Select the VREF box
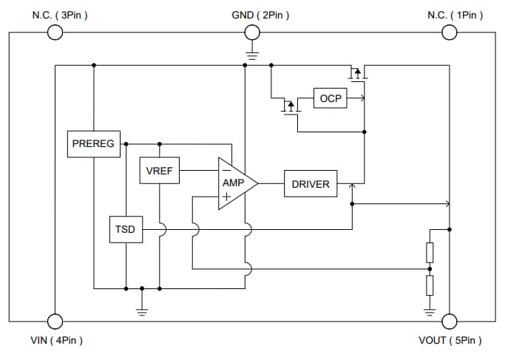coord(159,171)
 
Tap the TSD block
coord(125,229)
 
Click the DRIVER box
coord(311,184)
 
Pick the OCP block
coord(331,98)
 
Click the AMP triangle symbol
coord(236,183)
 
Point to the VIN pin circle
coord(54,322)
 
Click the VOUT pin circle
coord(449,322)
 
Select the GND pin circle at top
coord(252,33)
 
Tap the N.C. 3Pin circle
coord(54,33)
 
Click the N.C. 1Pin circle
coord(449,33)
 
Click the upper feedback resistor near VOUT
coord(430,253)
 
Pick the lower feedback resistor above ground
coord(430,285)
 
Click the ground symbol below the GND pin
coord(252,53)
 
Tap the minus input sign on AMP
coord(226,170)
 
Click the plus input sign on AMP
coord(226,197)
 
